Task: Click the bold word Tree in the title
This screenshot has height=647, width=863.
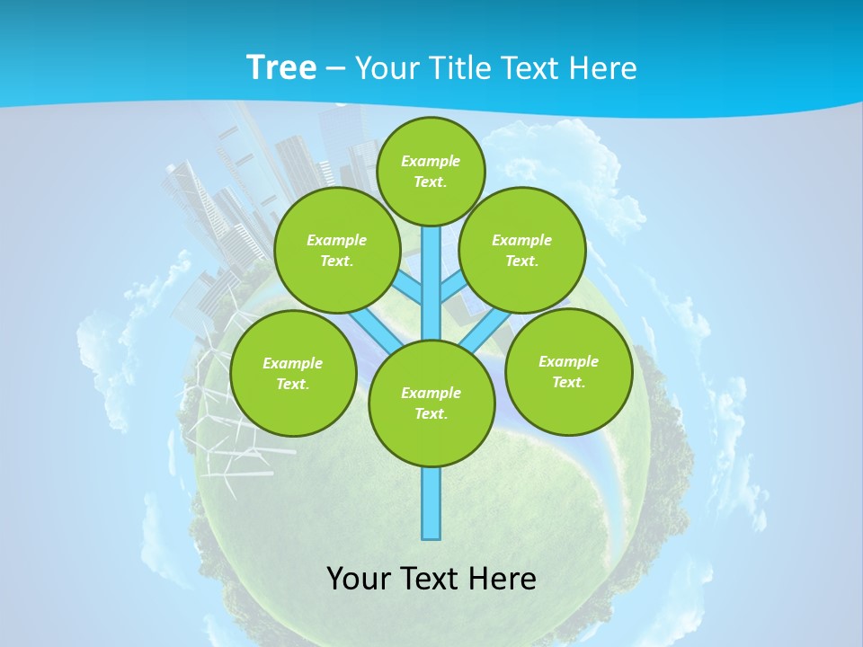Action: click(280, 67)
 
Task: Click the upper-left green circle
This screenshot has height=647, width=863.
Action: click(337, 251)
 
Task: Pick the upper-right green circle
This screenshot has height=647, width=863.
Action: click(522, 251)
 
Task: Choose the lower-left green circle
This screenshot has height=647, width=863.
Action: click(293, 374)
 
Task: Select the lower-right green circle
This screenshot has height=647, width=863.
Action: click(569, 372)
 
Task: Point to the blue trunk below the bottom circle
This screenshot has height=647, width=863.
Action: click(431, 503)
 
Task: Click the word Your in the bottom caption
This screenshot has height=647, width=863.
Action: click(360, 579)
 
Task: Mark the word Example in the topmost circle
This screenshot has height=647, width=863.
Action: click(431, 161)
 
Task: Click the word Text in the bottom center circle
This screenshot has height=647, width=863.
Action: click(430, 414)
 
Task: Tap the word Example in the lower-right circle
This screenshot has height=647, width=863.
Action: click(568, 361)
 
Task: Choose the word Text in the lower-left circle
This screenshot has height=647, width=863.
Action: click(292, 385)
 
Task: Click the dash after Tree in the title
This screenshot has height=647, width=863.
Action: click(335, 68)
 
